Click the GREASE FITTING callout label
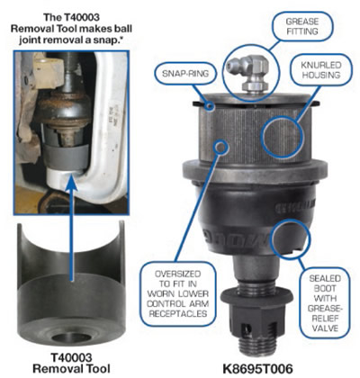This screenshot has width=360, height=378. (302, 26)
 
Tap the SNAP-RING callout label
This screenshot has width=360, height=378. (185, 74)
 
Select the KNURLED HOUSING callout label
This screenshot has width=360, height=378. (321, 70)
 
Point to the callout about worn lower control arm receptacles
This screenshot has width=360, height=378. (177, 293)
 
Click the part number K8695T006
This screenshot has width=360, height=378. (257, 369)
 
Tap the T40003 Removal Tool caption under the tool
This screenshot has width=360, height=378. (71, 363)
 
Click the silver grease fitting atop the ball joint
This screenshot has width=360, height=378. (248, 74)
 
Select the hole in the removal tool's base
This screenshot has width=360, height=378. (71, 337)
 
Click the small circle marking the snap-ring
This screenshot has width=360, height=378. (210, 105)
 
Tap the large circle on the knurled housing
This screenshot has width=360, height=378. (283, 137)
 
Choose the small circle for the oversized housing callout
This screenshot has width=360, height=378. (222, 147)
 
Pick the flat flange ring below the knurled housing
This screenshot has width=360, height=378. (254, 171)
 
